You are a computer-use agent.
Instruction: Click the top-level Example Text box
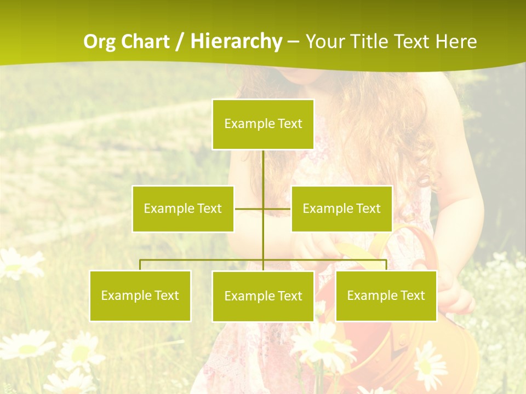[x=263, y=124]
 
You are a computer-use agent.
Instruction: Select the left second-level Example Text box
[x=183, y=208]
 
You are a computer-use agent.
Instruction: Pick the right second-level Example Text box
[x=341, y=208]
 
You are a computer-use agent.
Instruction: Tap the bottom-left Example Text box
[x=140, y=296]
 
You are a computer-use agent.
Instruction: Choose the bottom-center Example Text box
[x=263, y=296]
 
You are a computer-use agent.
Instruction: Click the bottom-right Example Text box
[x=386, y=296]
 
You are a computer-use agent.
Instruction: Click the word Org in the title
[x=99, y=42]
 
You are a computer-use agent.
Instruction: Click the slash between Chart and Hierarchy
[x=180, y=42]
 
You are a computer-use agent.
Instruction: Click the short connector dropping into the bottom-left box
[x=140, y=265]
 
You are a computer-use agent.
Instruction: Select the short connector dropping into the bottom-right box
[x=386, y=265]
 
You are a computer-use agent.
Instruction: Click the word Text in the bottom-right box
[x=413, y=296]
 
